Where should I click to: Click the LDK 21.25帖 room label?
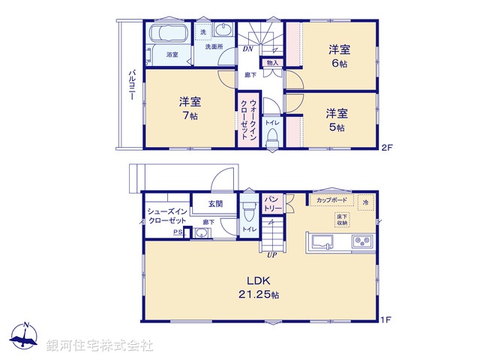tap(259, 289)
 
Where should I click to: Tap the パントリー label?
tap(272, 203)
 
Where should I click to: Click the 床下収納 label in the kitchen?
tap(342, 219)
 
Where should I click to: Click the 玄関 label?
tap(215, 203)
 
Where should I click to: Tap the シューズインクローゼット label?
tap(166, 217)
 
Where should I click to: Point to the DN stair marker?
tap(247, 50)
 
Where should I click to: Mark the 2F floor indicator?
tap(386, 146)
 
